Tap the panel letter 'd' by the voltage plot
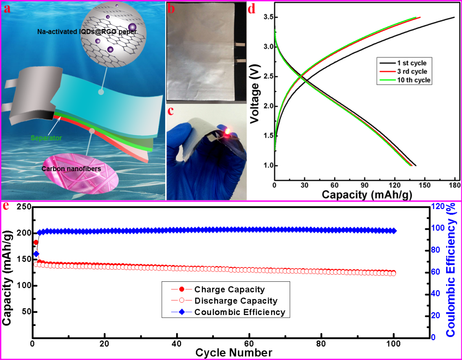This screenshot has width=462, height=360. (x=252, y=8)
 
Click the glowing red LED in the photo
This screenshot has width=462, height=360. (x=227, y=132)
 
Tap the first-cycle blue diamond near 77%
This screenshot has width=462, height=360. (x=36, y=254)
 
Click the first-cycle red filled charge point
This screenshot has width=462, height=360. (x=36, y=242)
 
